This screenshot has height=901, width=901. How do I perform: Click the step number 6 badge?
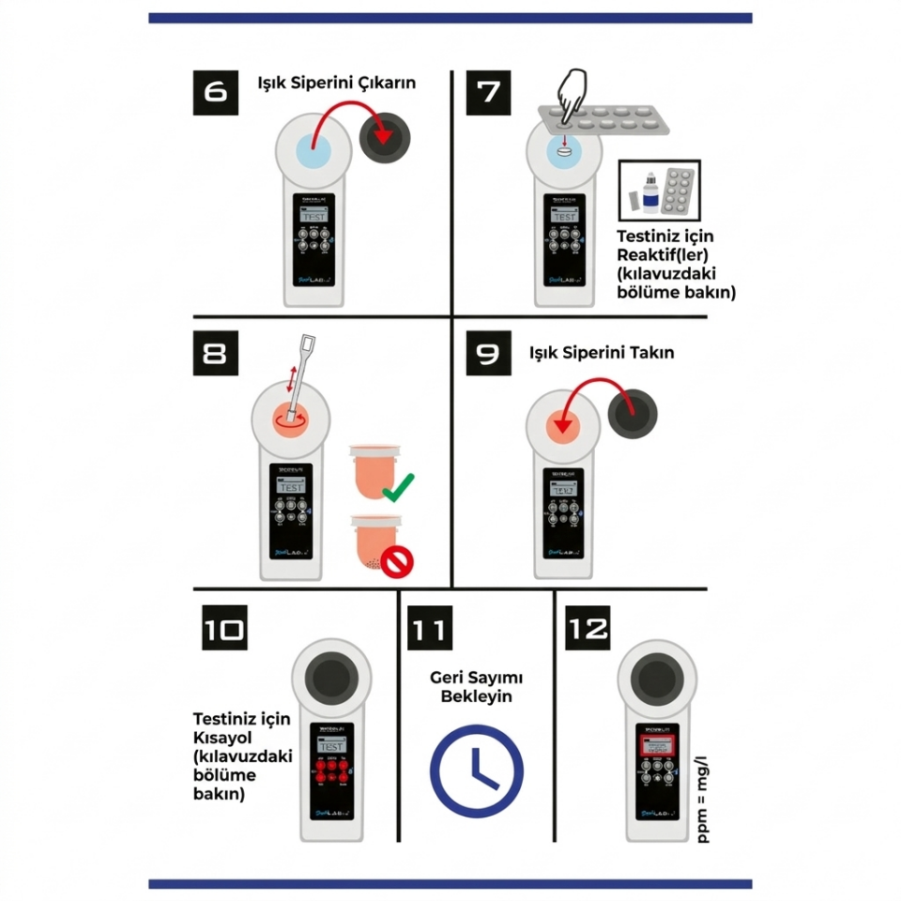215,92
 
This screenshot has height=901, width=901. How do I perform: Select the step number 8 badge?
216,354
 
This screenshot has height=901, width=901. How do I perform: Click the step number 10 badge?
226,627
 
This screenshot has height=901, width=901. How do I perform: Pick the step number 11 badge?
429,627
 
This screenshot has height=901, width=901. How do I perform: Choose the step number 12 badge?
588,627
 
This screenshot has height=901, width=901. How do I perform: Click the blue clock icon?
477,771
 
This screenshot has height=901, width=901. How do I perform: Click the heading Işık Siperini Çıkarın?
337,83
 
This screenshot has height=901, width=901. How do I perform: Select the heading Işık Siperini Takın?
602,354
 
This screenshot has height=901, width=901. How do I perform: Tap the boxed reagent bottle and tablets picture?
659,191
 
